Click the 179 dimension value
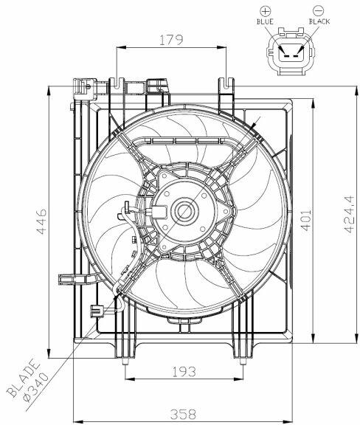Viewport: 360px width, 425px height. click(171, 40)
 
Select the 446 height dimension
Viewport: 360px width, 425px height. click(41, 221)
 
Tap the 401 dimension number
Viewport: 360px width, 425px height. click(306, 220)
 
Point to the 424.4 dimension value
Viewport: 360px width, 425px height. click(349, 214)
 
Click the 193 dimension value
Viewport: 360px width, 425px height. click(184, 372)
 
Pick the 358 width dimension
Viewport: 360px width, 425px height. click(183, 414)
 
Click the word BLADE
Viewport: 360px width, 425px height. click(23, 378)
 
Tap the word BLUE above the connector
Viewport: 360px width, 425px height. click(265, 21)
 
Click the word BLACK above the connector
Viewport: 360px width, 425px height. click(319, 21)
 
